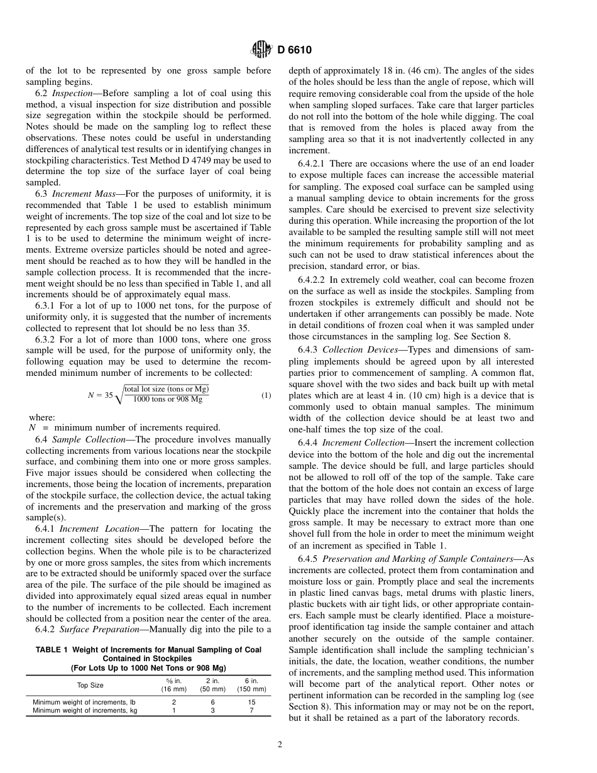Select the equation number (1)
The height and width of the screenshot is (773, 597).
(x=266, y=395)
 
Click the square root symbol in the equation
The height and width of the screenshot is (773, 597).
(x=119, y=396)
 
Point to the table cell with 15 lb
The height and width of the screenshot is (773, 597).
(x=251, y=701)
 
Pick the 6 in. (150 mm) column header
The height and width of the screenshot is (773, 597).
(x=251, y=684)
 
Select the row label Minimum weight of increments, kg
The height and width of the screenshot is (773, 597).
(x=85, y=710)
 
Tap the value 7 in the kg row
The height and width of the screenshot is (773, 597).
(x=251, y=710)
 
